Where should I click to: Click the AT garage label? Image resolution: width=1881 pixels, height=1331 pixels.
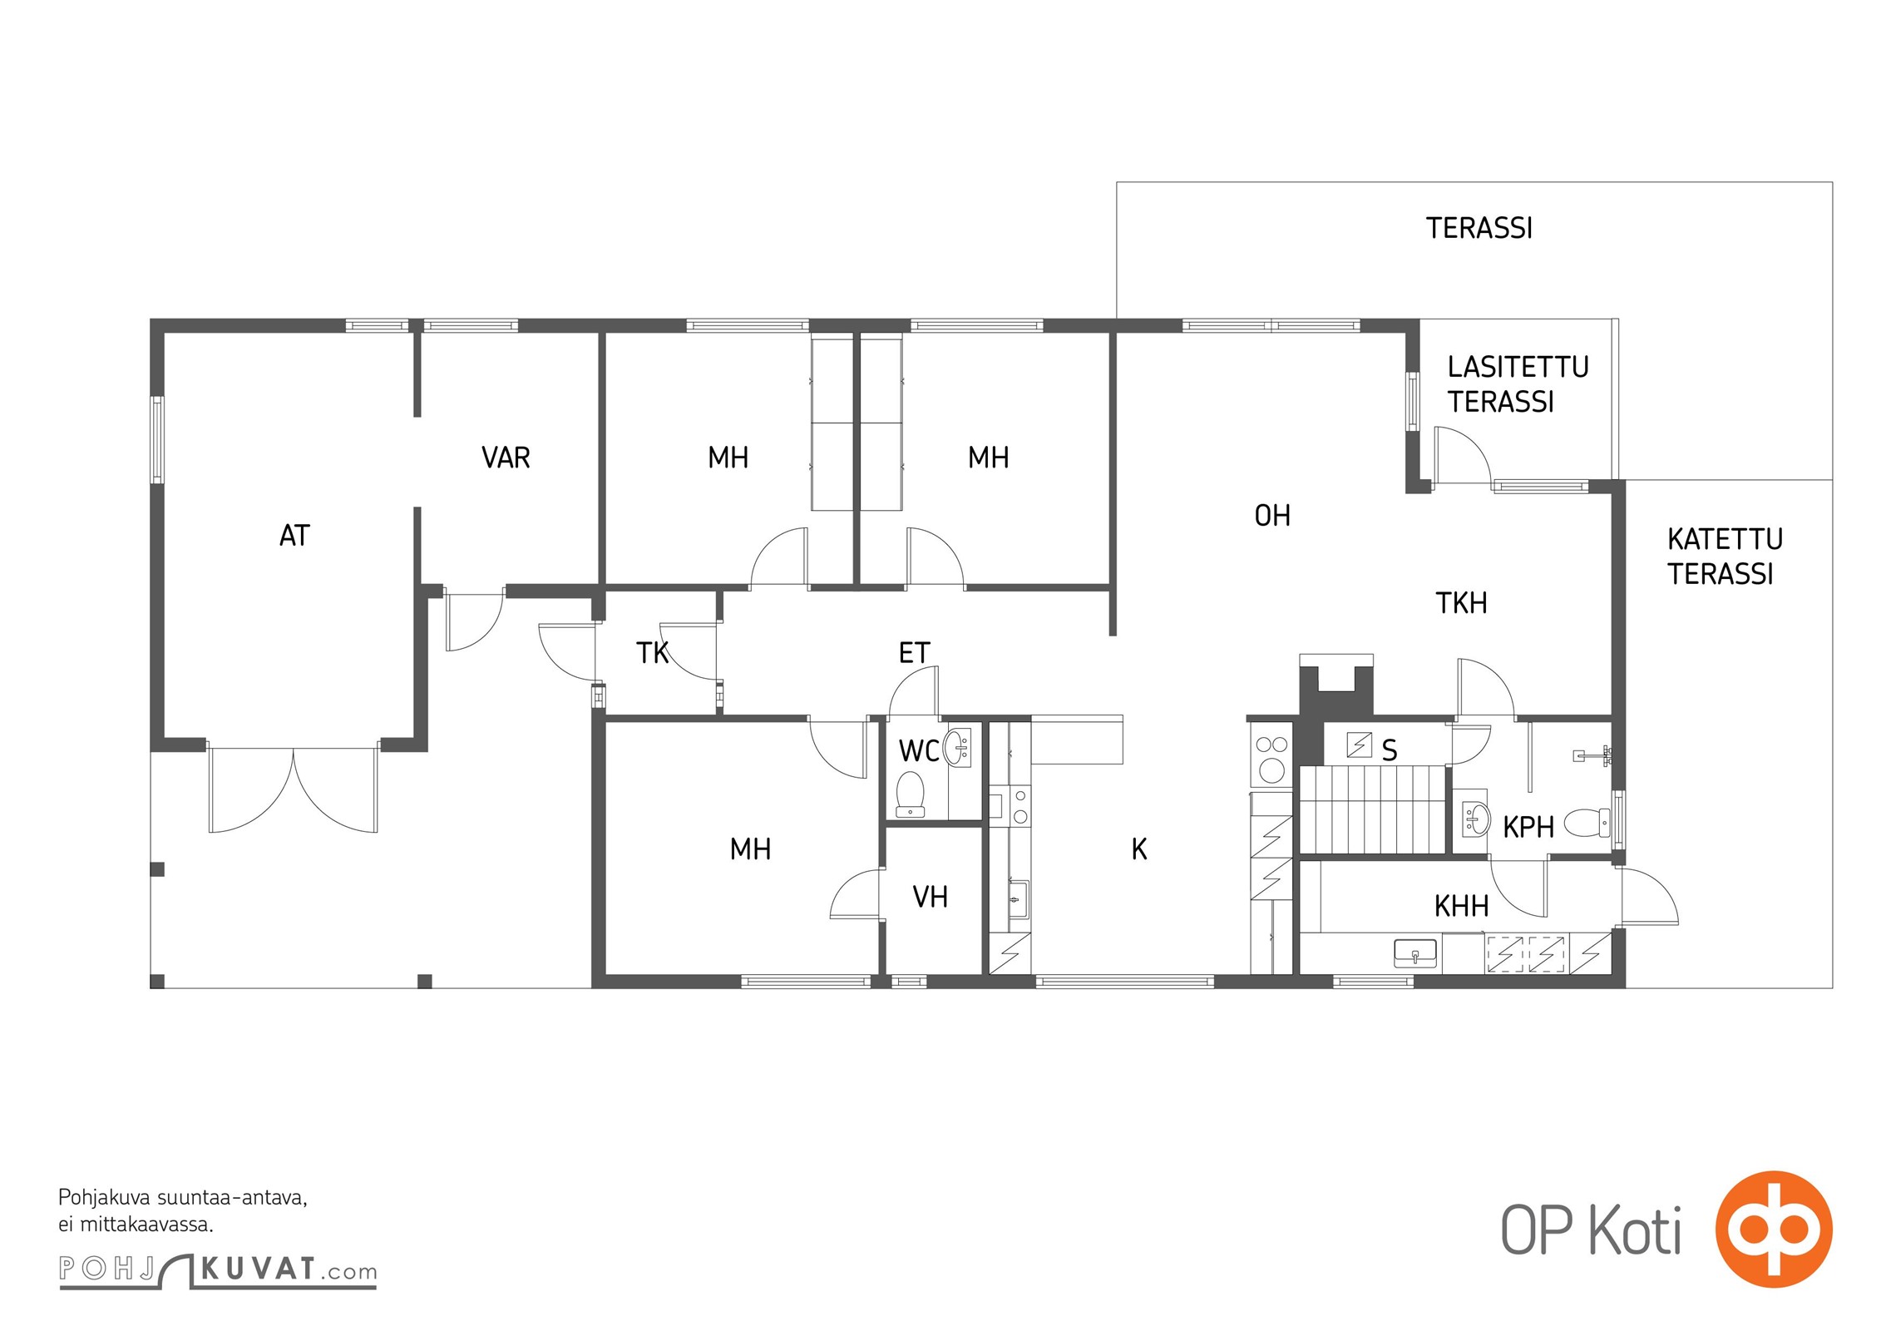(294, 536)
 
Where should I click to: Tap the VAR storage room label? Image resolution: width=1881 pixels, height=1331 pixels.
(506, 458)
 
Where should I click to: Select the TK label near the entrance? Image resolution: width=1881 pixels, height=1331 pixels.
(652, 653)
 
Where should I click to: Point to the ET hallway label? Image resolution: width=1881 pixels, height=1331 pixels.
(914, 653)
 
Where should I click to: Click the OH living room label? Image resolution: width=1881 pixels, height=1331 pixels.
(1272, 516)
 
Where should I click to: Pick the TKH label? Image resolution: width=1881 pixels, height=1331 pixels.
(1461, 603)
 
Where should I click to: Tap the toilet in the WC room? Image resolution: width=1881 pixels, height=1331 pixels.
(910, 794)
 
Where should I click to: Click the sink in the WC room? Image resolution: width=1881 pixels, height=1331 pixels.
(957, 747)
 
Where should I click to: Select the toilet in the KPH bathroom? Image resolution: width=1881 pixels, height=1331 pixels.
(1587, 823)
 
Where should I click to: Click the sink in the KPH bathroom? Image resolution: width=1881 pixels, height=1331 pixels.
(1476, 819)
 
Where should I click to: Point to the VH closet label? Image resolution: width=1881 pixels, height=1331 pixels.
(930, 897)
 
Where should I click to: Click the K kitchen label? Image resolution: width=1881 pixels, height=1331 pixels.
(1139, 849)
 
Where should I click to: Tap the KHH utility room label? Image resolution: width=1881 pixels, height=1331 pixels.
(1461, 906)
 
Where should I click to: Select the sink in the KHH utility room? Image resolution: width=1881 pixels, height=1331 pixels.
(1414, 953)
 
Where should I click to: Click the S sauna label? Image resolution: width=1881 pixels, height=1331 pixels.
(1389, 751)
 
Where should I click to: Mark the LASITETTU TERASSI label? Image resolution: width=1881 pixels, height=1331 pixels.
(1518, 384)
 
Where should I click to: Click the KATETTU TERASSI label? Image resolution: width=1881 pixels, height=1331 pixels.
(1725, 557)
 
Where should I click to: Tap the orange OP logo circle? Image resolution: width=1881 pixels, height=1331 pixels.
(1774, 1229)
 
